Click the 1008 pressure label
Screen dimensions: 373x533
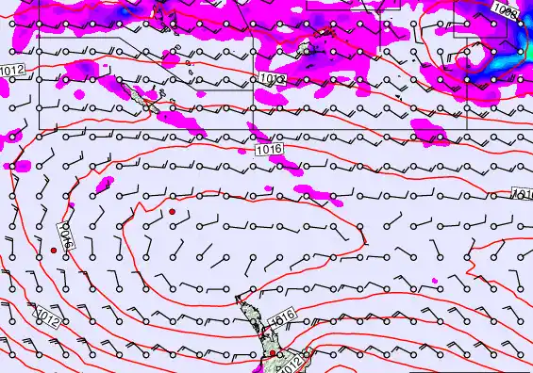coord(506,10)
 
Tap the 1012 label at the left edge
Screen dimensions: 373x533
coord(11,72)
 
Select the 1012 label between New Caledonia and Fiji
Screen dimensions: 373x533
coord(273,80)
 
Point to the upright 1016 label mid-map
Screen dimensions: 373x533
coord(268,150)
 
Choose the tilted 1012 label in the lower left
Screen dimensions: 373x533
coord(48,319)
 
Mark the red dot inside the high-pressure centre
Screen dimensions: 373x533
coord(172,213)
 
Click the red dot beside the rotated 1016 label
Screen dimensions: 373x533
coord(53,251)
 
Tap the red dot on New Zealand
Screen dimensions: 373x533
coord(273,353)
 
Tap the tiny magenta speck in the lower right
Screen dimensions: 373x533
coord(435,281)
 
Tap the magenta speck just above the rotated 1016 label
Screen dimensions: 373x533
coord(71,204)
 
